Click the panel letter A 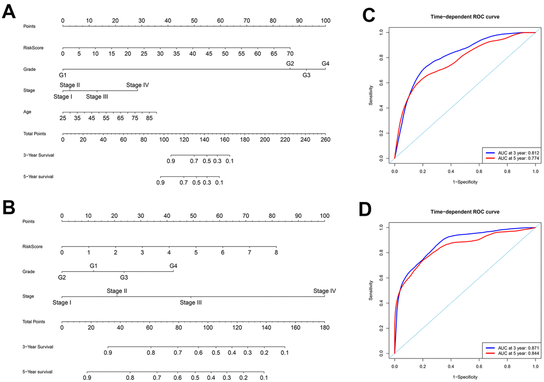pos(9,12)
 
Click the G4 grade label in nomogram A pos(325,64)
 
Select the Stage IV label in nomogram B pos(324,291)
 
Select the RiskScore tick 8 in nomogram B pos(276,253)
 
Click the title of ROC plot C pos(465,17)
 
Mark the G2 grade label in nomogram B pos(62,277)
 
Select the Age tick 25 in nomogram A pos(63,118)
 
